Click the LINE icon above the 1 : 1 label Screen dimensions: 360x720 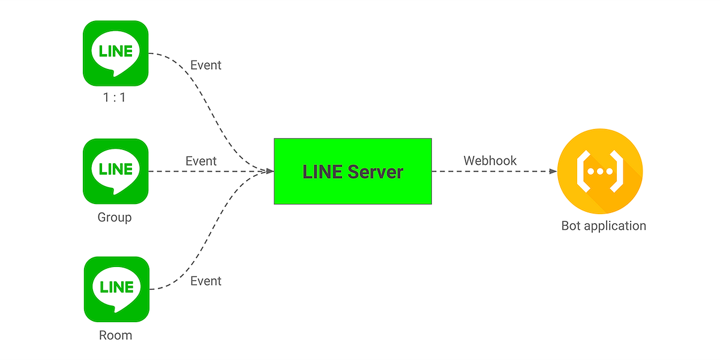[116, 53]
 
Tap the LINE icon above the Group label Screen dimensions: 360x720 [116, 171]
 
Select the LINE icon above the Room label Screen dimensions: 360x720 [116, 289]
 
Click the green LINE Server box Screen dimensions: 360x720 [353, 172]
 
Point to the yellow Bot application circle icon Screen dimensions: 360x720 [600, 171]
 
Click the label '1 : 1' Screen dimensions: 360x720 [114, 97]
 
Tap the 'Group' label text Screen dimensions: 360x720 [115, 217]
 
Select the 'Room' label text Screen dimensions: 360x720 [115, 335]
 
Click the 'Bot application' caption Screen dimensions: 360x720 [604, 226]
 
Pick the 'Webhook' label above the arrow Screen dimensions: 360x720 [490, 161]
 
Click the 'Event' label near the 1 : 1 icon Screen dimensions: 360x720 [206, 65]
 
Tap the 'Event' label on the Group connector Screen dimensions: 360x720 [201, 161]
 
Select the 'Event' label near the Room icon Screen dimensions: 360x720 [206, 281]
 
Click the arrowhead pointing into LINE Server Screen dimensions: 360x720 [269, 172]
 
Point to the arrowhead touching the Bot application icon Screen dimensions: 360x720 [553, 172]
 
